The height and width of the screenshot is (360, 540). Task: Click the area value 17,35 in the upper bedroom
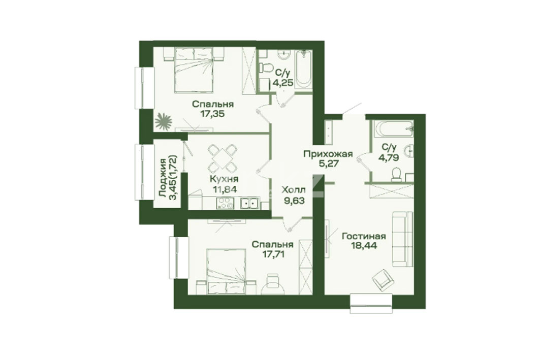click(213, 114)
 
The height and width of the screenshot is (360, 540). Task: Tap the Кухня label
click(224, 179)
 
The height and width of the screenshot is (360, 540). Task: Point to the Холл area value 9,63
click(293, 201)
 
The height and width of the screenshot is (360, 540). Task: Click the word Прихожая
click(328, 153)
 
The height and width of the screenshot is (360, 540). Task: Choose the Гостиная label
click(364, 236)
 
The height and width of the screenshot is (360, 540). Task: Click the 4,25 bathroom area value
click(283, 83)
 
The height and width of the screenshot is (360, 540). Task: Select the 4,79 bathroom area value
click(389, 158)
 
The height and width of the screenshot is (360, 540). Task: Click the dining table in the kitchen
click(223, 158)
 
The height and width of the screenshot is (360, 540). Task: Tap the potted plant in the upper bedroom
click(163, 121)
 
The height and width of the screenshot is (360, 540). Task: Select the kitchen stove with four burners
click(225, 204)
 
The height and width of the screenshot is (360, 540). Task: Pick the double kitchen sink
click(250, 204)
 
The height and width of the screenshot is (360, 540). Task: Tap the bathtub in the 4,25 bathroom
click(304, 70)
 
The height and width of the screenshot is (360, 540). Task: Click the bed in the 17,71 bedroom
click(226, 272)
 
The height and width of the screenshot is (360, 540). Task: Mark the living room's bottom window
click(371, 303)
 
